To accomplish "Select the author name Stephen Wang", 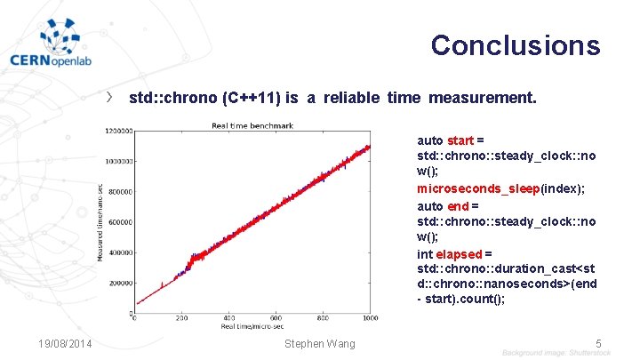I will (319, 344).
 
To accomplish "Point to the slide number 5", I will (598, 343).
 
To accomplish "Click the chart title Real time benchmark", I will (252, 126).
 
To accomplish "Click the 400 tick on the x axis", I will (229, 318).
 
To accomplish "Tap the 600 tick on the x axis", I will (276, 318).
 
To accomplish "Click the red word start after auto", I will (460, 140).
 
